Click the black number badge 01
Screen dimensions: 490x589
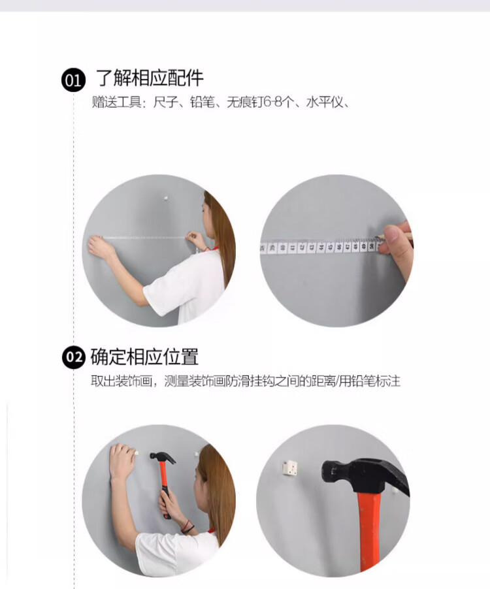(x=74, y=80)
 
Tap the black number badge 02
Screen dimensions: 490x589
(x=74, y=357)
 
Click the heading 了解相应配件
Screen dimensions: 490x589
(x=150, y=78)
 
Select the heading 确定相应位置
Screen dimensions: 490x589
(x=144, y=357)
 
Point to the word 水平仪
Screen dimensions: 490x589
(x=324, y=102)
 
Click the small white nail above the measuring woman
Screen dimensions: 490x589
(x=165, y=197)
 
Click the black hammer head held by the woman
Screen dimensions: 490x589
(x=163, y=457)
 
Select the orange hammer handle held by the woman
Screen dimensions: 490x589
(x=164, y=488)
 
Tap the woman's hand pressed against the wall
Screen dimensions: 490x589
(x=122, y=460)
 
